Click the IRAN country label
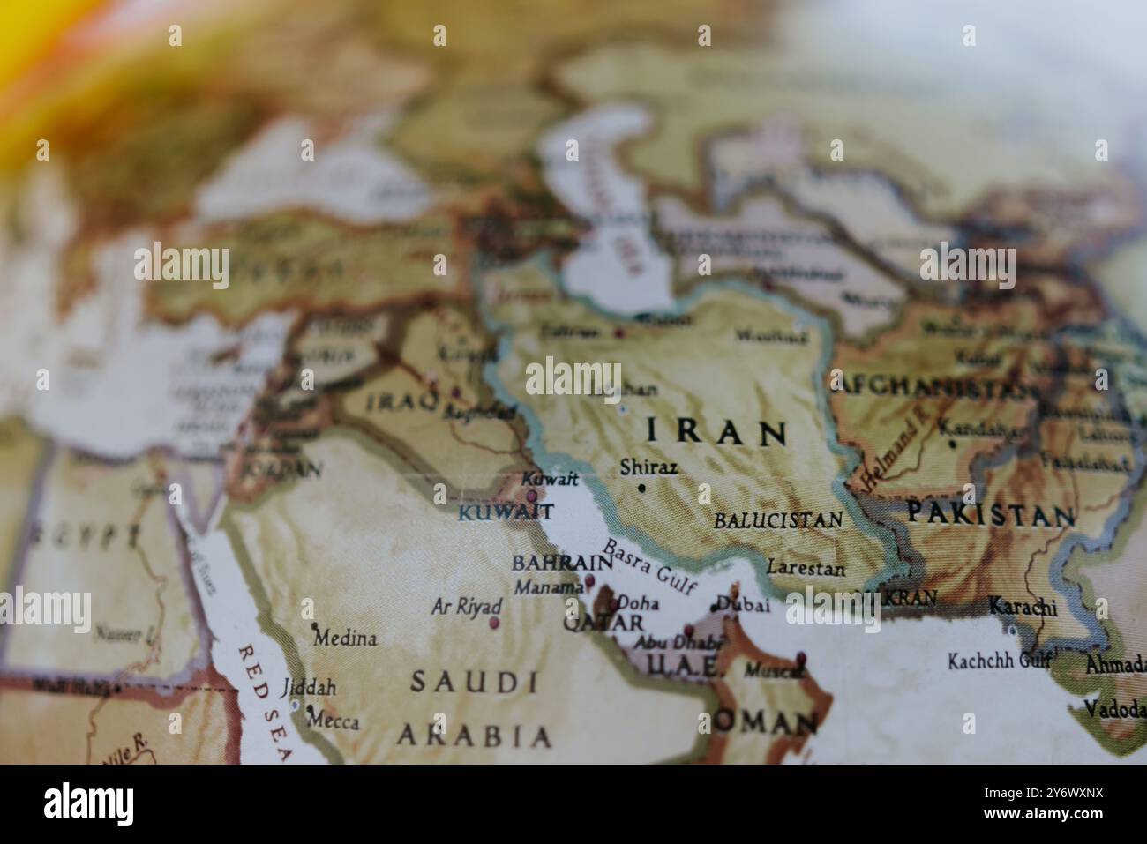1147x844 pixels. (x=716, y=432)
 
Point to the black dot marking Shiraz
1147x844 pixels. (x=641, y=488)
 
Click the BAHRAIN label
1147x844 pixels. (x=562, y=563)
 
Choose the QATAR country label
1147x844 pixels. (x=603, y=623)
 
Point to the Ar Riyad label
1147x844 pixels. (x=467, y=607)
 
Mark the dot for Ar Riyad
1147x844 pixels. (x=494, y=623)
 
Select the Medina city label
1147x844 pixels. (x=345, y=638)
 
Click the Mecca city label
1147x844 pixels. (x=333, y=721)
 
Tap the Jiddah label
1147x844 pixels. (x=309, y=688)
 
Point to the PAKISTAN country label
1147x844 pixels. (x=992, y=515)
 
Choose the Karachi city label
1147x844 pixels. (x=1023, y=607)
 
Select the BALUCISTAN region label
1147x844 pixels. (x=778, y=519)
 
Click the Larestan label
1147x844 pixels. (x=806, y=569)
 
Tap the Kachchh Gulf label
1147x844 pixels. (x=1000, y=661)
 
